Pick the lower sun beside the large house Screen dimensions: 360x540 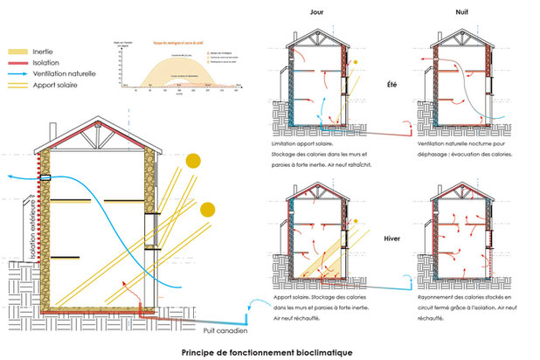pos(207,210)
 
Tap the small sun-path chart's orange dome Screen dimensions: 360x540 pos(179,69)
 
